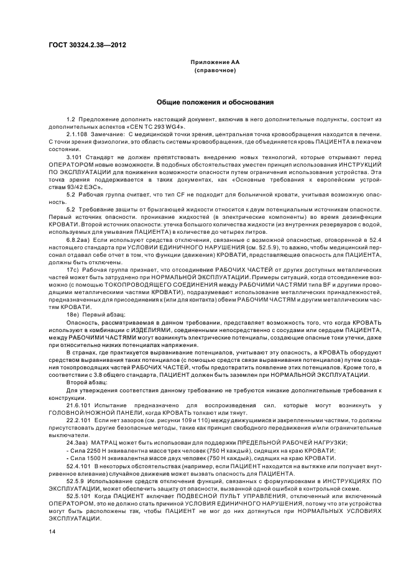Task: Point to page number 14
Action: point(52,532)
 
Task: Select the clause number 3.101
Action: point(75,158)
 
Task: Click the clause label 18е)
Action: point(73,314)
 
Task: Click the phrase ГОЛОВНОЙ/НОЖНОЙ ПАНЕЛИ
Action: point(85,413)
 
